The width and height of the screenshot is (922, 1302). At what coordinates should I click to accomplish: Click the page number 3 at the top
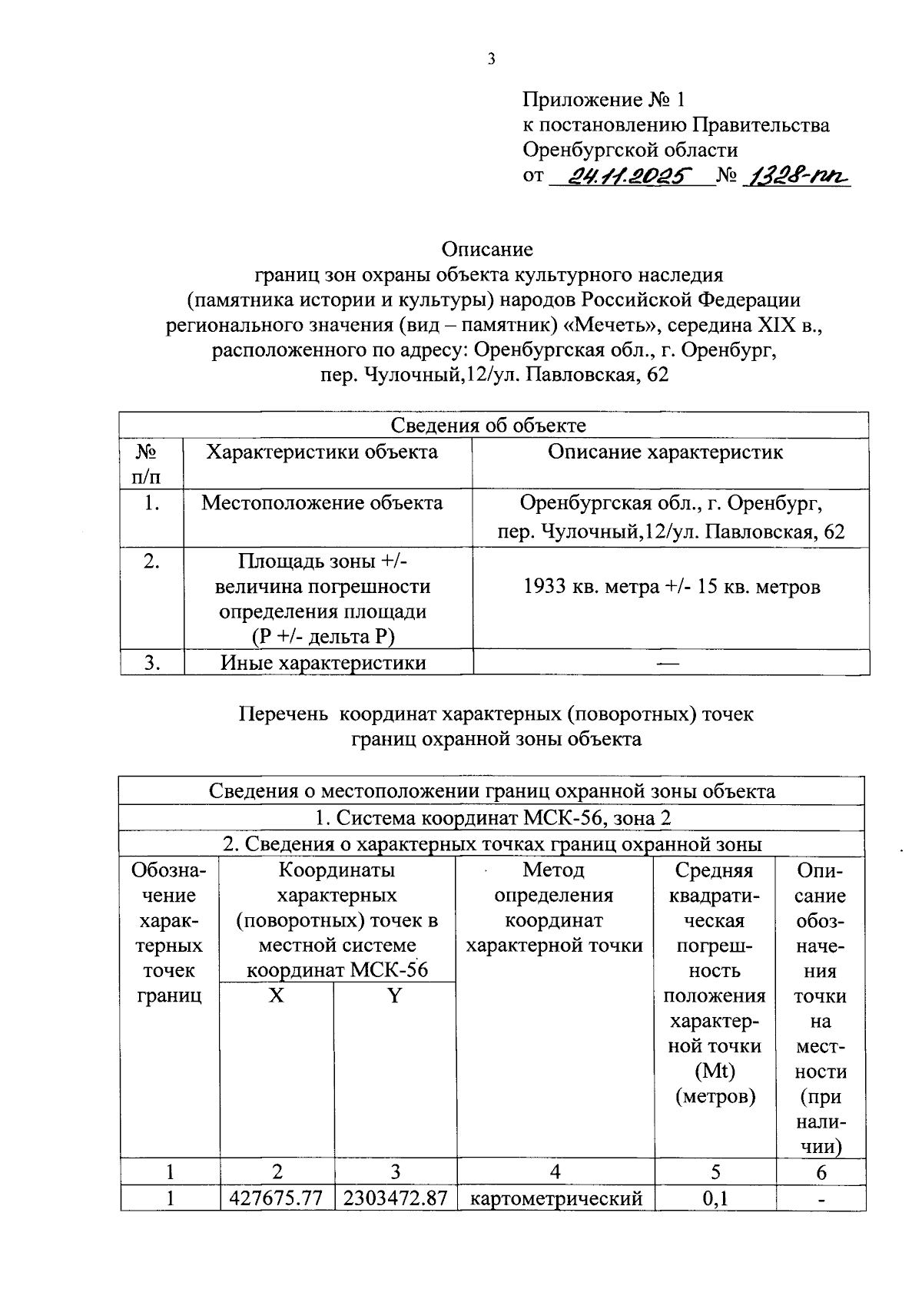[490, 58]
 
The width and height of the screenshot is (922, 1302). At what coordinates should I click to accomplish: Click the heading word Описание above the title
[487, 250]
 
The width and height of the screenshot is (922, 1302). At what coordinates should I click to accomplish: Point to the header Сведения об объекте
[489, 426]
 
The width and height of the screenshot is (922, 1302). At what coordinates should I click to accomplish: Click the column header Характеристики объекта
[322, 452]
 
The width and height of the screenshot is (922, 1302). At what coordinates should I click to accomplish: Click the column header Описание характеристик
[665, 452]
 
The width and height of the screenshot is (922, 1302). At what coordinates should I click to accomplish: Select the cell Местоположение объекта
[322, 503]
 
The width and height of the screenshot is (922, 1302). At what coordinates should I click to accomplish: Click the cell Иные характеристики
[323, 663]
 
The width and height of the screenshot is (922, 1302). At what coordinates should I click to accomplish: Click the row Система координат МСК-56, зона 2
[493, 818]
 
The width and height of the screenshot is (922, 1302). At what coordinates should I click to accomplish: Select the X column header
[276, 996]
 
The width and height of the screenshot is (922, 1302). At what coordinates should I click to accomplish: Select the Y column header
[394, 996]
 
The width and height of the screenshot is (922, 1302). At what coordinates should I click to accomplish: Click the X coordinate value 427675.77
[277, 1198]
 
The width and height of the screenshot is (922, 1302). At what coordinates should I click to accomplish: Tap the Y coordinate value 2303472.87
[395, 1198]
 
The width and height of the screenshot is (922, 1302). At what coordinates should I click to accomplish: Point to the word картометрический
[555, 1198]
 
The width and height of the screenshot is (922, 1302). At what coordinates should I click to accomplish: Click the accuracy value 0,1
[715, 1198]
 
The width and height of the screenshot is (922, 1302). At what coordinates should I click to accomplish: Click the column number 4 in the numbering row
[555, 1171]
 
